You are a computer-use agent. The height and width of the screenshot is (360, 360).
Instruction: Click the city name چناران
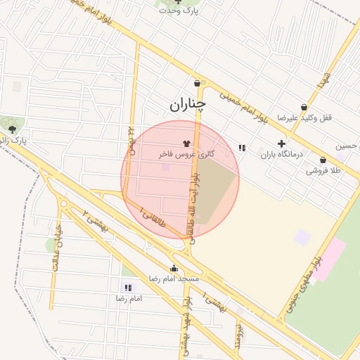pyautogui.click(x=188, y=105)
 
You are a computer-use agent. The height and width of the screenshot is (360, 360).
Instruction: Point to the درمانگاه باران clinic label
pyautogui.click(x=281, y=154)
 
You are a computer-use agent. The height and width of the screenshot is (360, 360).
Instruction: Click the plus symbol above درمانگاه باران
pyautogui.click(x=281, y=143)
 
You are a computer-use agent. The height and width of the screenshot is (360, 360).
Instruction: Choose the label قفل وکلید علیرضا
pyautogui.click(x=304, y=117)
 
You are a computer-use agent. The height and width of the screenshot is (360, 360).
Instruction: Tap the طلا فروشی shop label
pyautogui.click(x=323, y=170)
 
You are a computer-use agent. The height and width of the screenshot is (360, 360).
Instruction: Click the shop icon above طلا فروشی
pyautogui.click(x=323, y=160)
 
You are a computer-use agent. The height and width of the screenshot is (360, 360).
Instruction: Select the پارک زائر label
pyautogui.click(x=13, y=141)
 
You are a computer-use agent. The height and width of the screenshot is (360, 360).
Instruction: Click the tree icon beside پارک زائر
pyautogui.click(x=12, y=129)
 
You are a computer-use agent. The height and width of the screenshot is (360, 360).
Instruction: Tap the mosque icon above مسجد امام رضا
pyautogui.click(x=174, y=268)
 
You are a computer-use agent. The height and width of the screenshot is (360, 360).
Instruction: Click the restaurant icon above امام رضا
pyautogui.click(x=128, y=288)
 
